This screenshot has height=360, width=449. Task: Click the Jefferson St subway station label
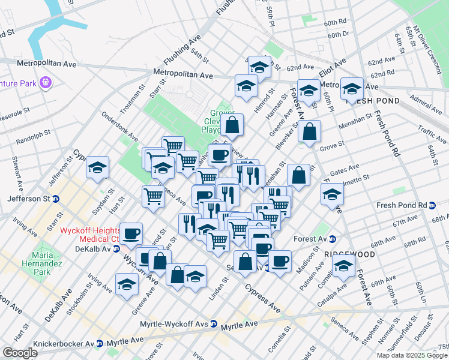click(29, 199)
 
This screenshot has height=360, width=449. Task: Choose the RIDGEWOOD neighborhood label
click(349, 254)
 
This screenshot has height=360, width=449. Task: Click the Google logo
click(20, 353)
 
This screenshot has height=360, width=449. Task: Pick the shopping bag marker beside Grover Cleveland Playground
click(232, 125)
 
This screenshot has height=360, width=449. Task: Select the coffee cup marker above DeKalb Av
click(131, 233)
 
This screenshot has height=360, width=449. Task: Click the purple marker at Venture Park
click(46, 82)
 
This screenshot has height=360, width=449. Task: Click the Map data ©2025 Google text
click(412, 355)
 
